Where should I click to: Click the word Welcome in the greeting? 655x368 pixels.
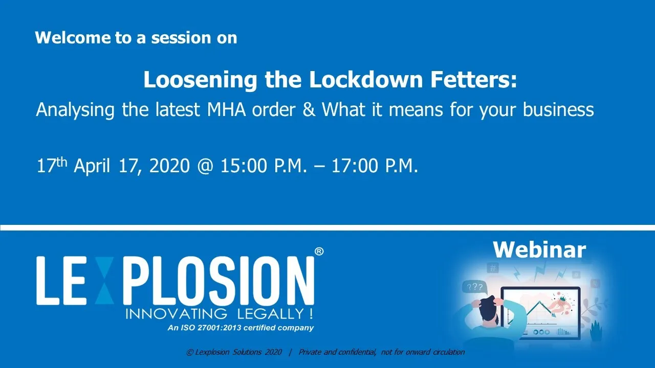(73, 38)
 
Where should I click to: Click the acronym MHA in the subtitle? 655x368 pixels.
(226, 109)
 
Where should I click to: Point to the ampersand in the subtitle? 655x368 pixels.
(309, 109)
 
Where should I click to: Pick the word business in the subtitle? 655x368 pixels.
(558, 109)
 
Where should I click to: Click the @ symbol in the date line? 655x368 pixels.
(205, 166)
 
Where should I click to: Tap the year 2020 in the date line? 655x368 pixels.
(169, 166)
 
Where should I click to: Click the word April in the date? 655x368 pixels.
(92, 166)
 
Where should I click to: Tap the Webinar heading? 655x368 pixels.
(539, 250)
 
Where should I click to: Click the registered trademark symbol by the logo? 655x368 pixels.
(319, 251)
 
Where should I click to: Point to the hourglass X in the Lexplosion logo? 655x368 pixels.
(104, 281)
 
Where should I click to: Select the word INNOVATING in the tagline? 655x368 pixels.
(177, 314)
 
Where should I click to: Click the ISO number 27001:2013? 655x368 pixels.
(220, 328)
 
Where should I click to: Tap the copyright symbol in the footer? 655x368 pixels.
(189, 353)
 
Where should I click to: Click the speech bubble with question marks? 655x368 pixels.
(475, 288)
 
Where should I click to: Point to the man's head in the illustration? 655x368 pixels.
(489, 310)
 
